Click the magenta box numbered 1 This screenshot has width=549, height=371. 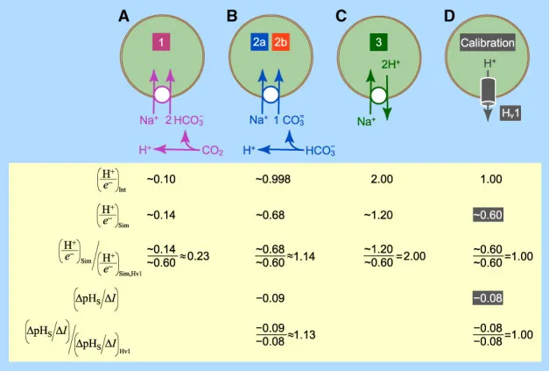pos(161,42)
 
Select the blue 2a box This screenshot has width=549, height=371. pos(259,42)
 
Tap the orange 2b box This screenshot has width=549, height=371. pos(280,42)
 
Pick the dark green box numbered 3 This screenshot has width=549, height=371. pos(378,42)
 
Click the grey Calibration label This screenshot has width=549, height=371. pos(488,43)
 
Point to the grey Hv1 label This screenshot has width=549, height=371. pos(510,113)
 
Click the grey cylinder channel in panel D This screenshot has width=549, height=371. pos(488,91)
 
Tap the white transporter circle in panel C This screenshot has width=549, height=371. pos(378,96)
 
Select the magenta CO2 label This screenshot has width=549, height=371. pos(212,151)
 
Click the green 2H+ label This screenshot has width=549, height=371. pos(391,64)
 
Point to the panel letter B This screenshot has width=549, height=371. pos(232,16)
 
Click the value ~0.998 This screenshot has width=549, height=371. pos(273,179)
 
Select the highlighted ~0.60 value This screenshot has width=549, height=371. pos(488,215)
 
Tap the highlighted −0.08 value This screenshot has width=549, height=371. pos(488,298)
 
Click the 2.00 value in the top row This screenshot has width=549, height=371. pos(382,179)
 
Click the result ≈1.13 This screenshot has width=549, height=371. pos(301,335)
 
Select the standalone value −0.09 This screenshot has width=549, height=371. pos(271,298)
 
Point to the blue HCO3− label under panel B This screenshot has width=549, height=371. pos(320,151)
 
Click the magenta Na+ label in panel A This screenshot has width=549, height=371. pos(149,120)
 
